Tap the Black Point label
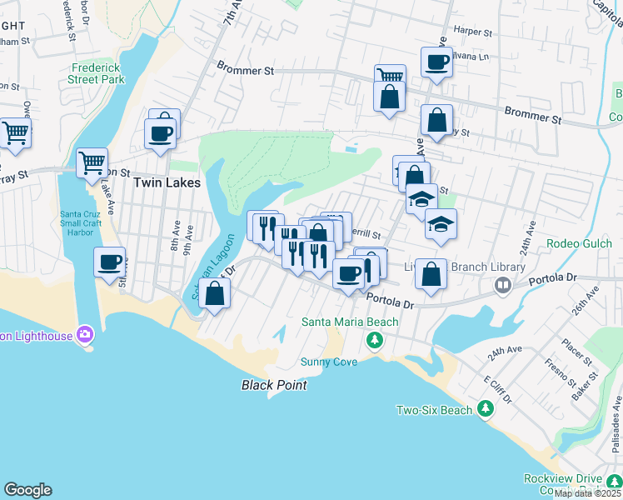tap(274, 385)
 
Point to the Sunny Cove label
tap(329, 362)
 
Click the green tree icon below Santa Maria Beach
tap(375, 339)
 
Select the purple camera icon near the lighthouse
tap(83, 335)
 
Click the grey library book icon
tap(502, 286)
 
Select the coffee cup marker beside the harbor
tap(109, 262)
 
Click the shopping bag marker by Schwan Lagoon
tap(215, 293)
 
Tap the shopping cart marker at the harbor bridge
tap(92, 162)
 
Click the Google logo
tap(27, 490)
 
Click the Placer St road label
tap(576, 350)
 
